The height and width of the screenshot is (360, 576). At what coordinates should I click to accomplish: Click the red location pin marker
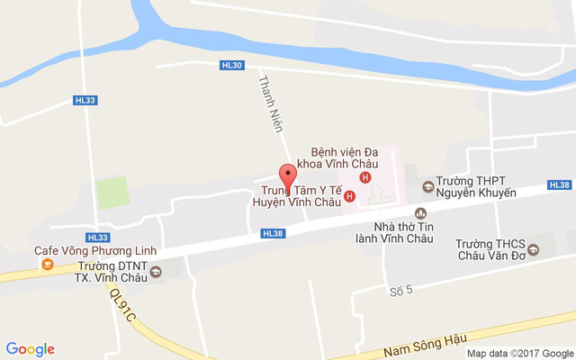tap(287, 175)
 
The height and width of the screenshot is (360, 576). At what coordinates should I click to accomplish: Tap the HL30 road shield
tap(231, 65)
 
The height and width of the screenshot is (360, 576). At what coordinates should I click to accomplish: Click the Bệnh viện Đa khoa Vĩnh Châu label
tap(345, 158)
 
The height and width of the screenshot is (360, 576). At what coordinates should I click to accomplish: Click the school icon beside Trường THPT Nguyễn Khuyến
tap(427, 187)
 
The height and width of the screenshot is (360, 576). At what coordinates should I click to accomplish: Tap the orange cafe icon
tap(47, 265)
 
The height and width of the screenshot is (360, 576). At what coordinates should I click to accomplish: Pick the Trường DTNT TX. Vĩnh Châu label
tap(112, 272)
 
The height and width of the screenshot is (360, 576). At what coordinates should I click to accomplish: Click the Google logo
tap(31, 349)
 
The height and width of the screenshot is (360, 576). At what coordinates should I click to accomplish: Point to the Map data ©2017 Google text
tap(519, 353)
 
